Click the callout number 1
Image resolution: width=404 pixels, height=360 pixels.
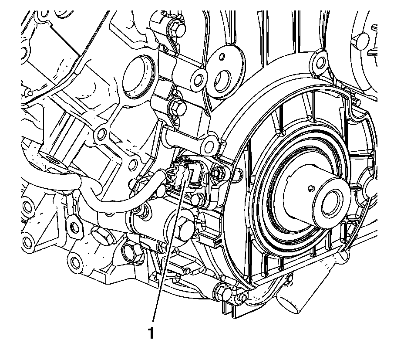point(151,333)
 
